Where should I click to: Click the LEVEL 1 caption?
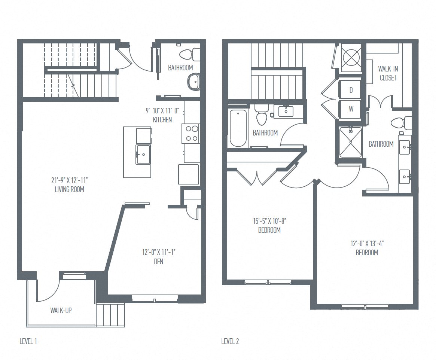pos(28,341)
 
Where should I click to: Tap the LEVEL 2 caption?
pos(230,341)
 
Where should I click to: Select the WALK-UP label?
pos(61,311)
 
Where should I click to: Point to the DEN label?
pos(159,262)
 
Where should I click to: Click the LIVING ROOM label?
pos(70,189)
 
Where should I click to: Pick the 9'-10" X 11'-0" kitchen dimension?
pos(162,110)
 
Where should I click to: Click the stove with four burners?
pos(190,134)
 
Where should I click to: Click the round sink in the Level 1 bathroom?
pos(193,82)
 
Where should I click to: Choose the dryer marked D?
pos(351,90)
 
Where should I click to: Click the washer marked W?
pos(351,109)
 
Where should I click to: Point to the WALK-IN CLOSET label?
pos(387,73)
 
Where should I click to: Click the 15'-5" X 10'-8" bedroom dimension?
pos(269,221)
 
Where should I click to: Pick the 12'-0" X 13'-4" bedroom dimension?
pos(367,243)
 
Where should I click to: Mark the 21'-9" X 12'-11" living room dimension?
pos(70,180)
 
